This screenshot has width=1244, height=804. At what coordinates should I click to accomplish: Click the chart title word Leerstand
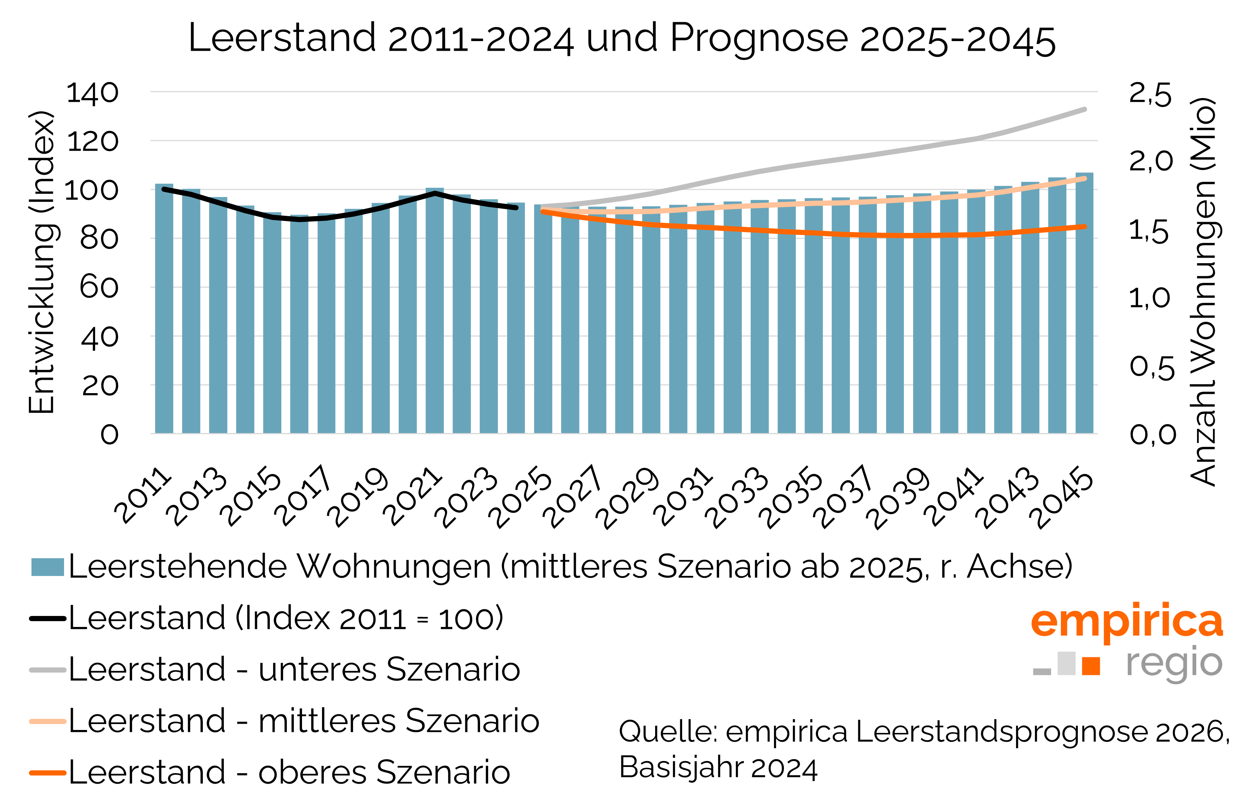click(282, 38)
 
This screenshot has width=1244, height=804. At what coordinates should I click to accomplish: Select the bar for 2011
click(164, 308)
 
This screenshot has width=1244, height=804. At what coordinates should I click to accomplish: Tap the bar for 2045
click(1084, 303)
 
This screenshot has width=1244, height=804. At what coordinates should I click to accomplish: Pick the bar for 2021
click(434, 311)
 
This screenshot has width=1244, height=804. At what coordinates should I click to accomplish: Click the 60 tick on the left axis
click(99, 288)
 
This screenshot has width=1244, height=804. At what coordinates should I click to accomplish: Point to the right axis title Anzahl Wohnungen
click(1203, 292)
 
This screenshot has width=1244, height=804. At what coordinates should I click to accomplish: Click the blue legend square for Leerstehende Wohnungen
click(47, 567)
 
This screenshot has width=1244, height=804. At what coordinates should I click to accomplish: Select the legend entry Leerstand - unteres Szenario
click(294, 669)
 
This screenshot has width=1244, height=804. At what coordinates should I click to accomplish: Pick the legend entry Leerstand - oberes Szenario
click(289, 772)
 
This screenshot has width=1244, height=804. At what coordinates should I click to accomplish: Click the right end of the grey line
click(1084, 110)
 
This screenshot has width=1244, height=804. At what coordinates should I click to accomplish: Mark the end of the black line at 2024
click(515, 208)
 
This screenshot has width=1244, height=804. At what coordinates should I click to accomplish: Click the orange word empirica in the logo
click(1126, 621)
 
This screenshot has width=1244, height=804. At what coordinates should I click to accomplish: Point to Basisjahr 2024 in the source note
click(718, 767)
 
